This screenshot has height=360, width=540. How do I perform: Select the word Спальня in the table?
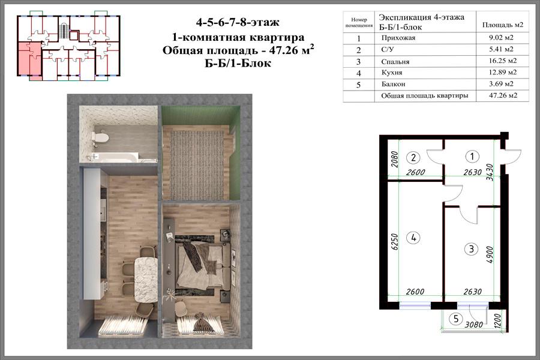[x=395, y=62]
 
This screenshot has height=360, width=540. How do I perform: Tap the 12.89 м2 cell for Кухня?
[x=503, y=73]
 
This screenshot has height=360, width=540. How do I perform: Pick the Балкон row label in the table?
[x=393, y=84]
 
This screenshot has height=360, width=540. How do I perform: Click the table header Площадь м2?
[x=503, y=25]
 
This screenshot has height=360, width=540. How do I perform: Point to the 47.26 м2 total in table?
[x=503, y=95]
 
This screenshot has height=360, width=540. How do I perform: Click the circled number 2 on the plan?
[x=413, y=158]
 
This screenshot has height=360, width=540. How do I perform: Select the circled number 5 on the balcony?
[x=456, y=319]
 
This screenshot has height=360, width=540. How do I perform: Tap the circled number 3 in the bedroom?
[x=471, y=249]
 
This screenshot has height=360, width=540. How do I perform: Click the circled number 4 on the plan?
[x=413, y=238]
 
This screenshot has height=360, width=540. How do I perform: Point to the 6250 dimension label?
[x=395, y=242]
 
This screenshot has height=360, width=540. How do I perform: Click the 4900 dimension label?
[x=490, y=254]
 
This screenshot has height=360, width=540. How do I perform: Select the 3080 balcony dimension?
[x=474, y=325]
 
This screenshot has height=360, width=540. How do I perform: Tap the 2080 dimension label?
[x=395, y=160]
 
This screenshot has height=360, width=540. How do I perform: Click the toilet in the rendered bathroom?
[x=100, y=138]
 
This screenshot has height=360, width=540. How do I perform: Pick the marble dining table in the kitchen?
[x=146, y=280]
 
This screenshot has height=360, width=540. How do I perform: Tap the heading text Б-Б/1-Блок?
[x=238, y=64]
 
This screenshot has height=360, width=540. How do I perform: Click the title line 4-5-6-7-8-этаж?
[x=238, y=23]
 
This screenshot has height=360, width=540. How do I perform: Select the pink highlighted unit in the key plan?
[x=29, y=59]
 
